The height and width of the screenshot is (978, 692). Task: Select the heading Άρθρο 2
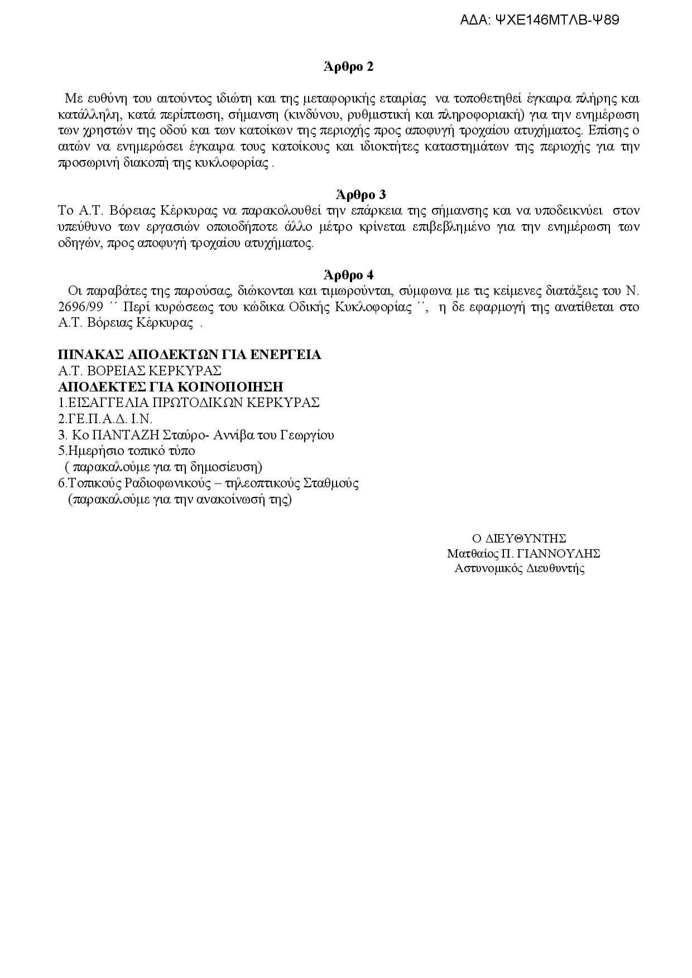[x=348, y=67]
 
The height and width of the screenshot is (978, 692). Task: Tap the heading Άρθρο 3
[x=361, y=195]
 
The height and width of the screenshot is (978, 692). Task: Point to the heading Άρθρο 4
[x=348, y=275]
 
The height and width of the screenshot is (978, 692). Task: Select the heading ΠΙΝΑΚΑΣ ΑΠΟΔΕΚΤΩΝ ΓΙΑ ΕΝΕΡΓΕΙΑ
[x=190, y=355]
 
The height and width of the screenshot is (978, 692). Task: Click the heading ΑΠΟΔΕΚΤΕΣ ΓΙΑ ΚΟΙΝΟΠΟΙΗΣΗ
[x=171, y=387]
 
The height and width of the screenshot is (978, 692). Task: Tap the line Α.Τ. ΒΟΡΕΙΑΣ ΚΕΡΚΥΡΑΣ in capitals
[x=140, y=371]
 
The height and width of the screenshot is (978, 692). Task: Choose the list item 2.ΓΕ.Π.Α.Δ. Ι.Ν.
[x=105, y=419]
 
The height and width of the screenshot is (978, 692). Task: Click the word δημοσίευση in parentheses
[x=228, y=467]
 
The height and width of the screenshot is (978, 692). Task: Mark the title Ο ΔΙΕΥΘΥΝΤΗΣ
[x=519, y=539]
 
